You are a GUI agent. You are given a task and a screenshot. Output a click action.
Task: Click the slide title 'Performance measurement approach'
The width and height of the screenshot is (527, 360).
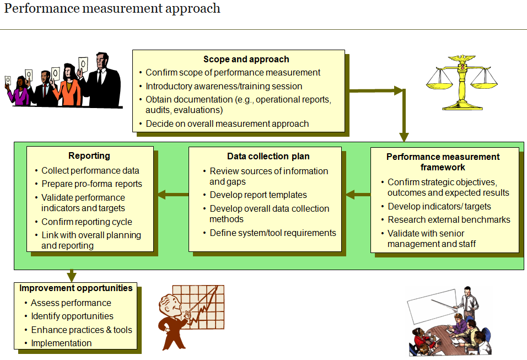(x=112, y=9)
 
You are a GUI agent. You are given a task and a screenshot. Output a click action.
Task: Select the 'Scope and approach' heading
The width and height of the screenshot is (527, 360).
(x=246, y=60)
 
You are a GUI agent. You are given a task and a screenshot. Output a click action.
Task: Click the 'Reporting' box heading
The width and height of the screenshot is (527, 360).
(x=89, y=156)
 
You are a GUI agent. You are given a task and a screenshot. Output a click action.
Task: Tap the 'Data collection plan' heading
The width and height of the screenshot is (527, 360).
(x=268, y=157)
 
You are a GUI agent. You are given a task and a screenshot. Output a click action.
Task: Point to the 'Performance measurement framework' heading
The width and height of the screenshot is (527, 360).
(x=443, y=162)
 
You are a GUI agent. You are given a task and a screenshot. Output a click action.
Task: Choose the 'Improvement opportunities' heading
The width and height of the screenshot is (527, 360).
(x=76, y=288)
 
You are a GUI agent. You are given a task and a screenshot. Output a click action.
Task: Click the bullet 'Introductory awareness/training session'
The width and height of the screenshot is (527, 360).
(x=224, y=86)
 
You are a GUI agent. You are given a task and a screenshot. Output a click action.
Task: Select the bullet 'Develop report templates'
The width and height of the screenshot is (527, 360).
(x=258, y=195)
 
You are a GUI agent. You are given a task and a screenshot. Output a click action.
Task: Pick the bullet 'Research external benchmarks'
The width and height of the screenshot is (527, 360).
(x=449, y=220)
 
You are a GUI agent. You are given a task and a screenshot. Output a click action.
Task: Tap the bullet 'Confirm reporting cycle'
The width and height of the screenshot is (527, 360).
(x=87, y=222)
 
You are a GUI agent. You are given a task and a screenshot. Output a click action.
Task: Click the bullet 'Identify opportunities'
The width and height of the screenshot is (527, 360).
(x=72, y=316)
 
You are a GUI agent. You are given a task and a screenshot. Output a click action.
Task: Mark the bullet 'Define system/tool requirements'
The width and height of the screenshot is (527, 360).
(x=272, y=233)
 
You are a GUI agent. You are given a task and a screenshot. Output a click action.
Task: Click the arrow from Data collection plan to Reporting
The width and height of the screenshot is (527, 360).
(x=173, y=194)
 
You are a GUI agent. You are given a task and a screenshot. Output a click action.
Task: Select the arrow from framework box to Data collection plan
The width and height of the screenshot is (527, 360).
(x=358, y=194)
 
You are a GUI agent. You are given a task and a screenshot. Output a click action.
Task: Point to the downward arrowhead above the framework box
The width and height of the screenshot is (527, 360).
(x=404, y=137)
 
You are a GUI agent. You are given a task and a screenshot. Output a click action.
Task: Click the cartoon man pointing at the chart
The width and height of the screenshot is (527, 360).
(x=174, y=318)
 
